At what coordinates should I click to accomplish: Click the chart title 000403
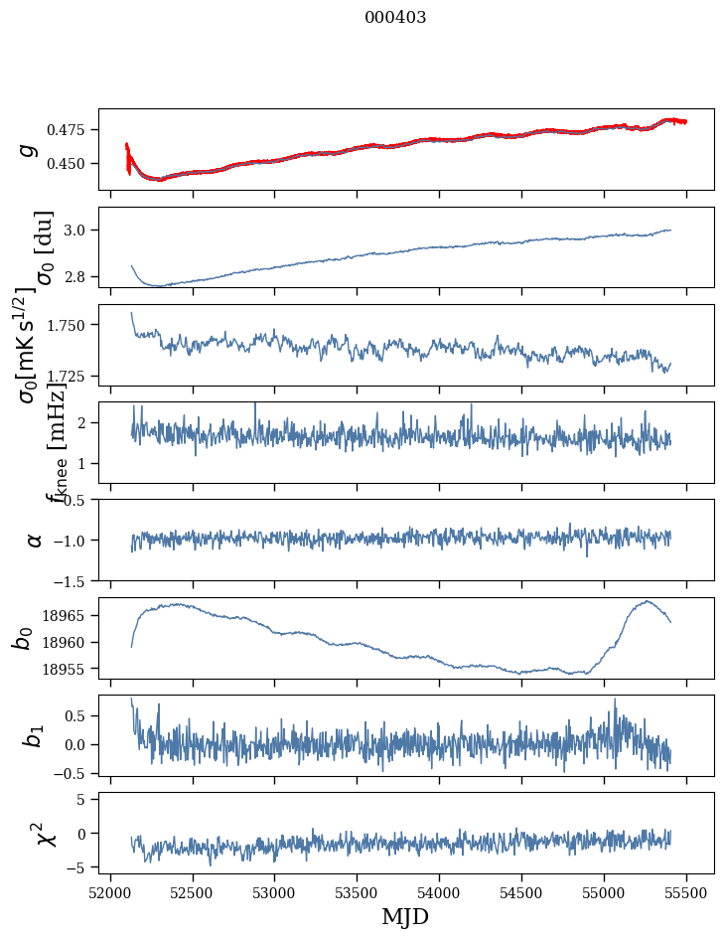click(395, 18)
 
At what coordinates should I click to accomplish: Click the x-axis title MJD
click(405, 916)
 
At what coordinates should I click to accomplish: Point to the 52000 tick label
click(110, 891)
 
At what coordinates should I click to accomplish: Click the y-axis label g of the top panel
click(29, 149)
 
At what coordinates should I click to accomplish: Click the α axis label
click(34, 540)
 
